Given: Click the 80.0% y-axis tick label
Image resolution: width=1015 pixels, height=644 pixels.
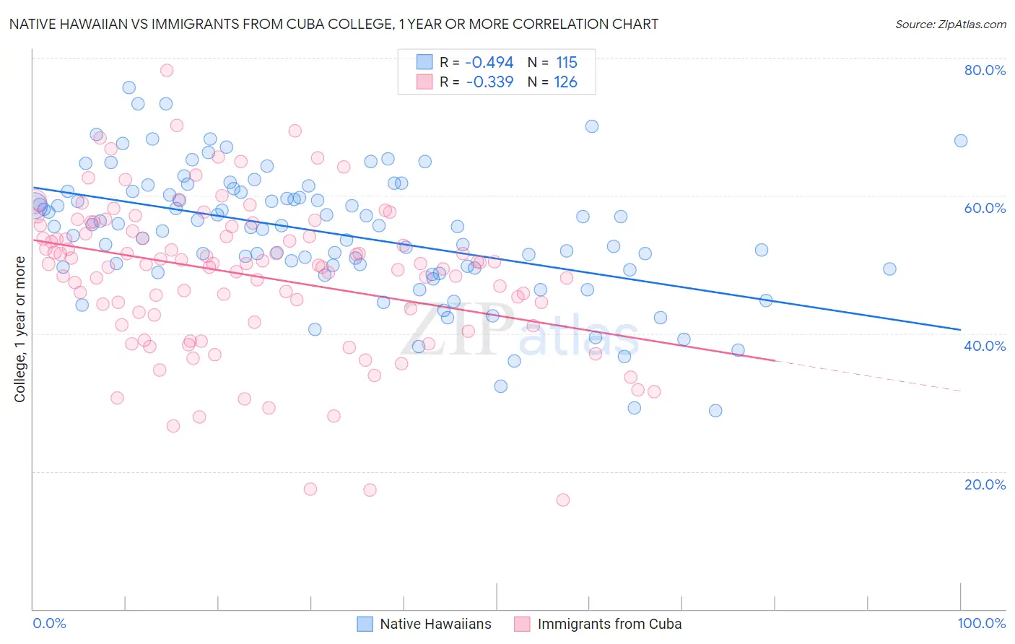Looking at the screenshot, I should click(x=985, y=70).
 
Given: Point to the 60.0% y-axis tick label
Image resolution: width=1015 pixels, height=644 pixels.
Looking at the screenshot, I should click(x=985, y=208).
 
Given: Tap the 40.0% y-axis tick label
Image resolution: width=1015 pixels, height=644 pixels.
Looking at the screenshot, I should click(x=985, y=346).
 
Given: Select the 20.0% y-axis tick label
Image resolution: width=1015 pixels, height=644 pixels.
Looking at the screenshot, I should click(x=985, y=484).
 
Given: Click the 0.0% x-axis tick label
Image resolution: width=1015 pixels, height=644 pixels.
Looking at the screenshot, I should click(x=50, y=623).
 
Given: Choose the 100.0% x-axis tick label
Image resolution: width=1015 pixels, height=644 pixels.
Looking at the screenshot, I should click(x=981, y=623).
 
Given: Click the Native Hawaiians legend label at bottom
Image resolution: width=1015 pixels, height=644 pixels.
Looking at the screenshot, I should click(x=435, y=624).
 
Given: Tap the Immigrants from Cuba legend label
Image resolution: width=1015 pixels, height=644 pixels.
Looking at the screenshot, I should click(x=609, y=624).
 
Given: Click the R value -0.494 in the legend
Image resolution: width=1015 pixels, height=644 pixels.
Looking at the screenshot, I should click(x=489, y=62).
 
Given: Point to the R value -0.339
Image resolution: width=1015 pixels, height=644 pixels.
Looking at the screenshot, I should click(x=489, y=82).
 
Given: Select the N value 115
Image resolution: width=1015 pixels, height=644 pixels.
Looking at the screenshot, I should click(x=567, y=62).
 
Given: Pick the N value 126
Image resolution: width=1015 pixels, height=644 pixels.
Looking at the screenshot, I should click(x=566, y=82).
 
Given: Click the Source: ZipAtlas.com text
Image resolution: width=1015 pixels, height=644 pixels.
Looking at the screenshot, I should click(x=950, y=25).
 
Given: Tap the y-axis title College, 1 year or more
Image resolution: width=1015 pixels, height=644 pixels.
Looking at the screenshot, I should click(x=20, y=329).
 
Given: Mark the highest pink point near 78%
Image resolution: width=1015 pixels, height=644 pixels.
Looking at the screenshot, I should click(x=167, y=70).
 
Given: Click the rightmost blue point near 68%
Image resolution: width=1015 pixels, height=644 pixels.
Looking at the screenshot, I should click(x=961, y=141).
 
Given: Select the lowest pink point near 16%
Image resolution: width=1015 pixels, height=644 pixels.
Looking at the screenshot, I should click(x=563, y=500).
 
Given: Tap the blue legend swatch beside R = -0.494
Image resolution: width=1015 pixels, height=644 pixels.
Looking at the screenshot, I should click(x=424, y=62).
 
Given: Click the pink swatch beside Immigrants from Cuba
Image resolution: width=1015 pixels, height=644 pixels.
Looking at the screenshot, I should click(x=522, y=624).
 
